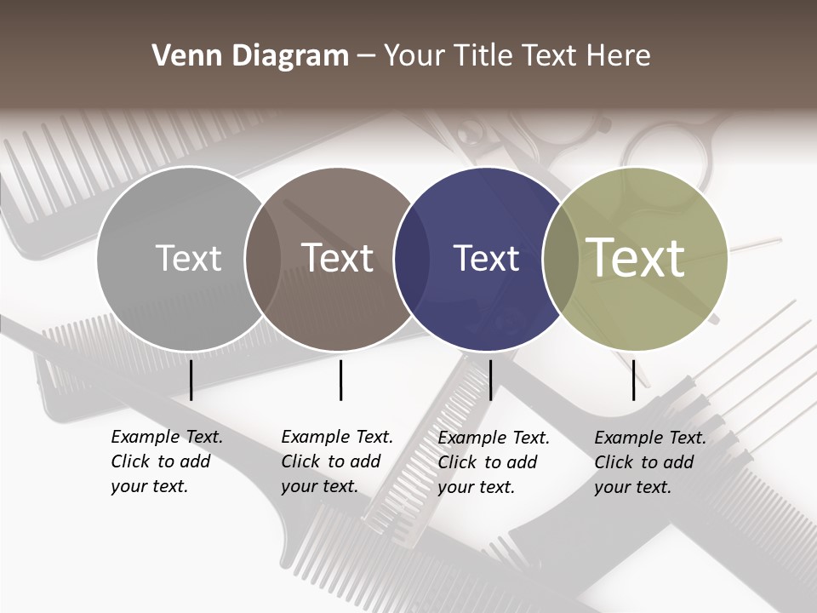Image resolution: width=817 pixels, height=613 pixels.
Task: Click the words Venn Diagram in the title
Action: point(250,56)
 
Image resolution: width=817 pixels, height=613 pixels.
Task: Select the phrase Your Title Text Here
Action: point(517,56)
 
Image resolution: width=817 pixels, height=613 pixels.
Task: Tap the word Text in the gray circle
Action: point(188,258)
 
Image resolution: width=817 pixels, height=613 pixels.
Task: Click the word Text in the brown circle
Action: point(338,258)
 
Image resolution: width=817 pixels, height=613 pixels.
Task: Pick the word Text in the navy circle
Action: point(486,258)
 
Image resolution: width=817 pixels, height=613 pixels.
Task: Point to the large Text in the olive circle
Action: point(636,257)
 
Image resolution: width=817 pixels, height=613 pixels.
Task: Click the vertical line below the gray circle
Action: point(191,380)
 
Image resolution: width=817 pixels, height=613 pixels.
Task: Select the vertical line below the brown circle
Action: point(340,380)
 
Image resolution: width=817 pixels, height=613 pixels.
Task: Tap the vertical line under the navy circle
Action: point(490,380)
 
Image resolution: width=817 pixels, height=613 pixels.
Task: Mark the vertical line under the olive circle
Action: point(633,380)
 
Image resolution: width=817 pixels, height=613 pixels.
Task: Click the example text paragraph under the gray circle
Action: point(167,461)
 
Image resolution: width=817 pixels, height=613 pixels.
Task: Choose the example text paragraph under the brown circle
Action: point(337,461)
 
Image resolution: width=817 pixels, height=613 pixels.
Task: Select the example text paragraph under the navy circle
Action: point(494,462)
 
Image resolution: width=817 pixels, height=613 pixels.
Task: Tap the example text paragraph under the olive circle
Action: point(650,462)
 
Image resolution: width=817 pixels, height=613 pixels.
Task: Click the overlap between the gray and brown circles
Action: point(263,259)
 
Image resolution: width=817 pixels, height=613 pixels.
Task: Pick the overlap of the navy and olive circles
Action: point(560,259)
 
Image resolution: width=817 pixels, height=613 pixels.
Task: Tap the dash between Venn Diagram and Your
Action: point(366,57)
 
